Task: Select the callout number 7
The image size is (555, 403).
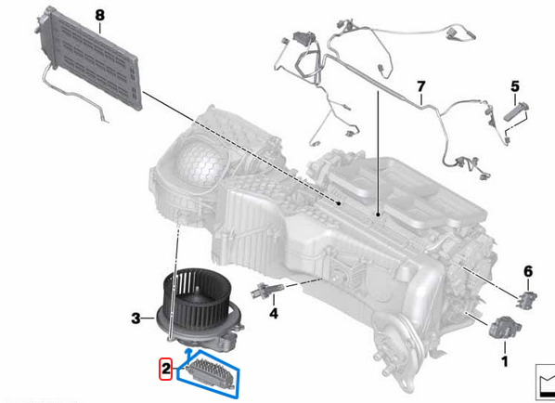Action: click(x=420, y=90)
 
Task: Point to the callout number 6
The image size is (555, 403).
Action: click(x=527, y=271)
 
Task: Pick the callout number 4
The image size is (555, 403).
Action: click(x=274, y=314)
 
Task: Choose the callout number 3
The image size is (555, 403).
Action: click(x=136, y=318)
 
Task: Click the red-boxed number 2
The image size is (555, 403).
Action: click(x=165, y=370)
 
